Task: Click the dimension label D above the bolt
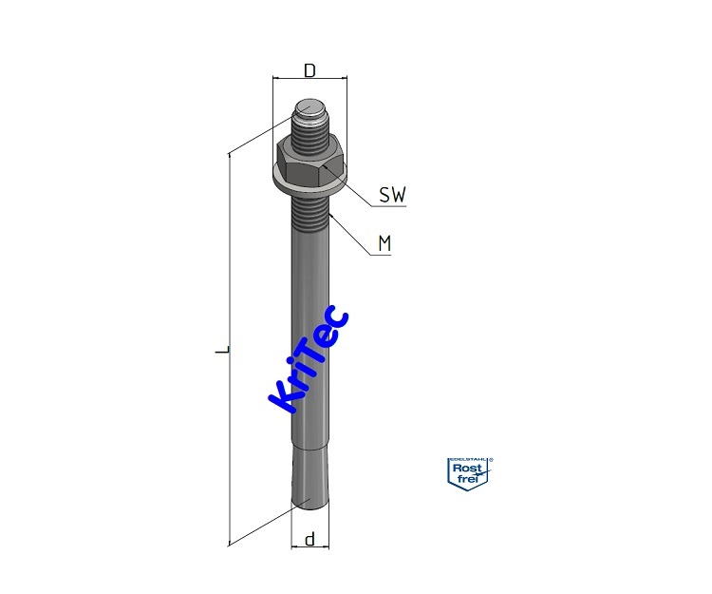(309, 70)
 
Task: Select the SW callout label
(392, 196)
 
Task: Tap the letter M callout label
(384, 244)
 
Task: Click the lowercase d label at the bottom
(309, 540)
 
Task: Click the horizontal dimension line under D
(309, 81)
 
